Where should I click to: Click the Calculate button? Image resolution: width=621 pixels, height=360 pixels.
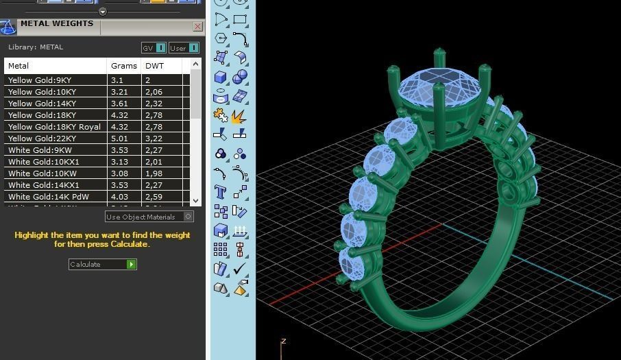coord(102,264)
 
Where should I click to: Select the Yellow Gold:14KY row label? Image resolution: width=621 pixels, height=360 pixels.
coord(42,104)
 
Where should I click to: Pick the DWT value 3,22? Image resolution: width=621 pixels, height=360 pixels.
coord(154,139)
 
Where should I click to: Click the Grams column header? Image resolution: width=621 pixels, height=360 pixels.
coord(123,67)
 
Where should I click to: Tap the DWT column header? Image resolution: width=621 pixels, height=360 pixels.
coord(152,67)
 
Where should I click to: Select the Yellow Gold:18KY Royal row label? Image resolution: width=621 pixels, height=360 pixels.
coord(54,127)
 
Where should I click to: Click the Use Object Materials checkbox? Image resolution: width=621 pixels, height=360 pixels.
coord(188,217)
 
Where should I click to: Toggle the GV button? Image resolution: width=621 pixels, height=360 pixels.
coord(154,48)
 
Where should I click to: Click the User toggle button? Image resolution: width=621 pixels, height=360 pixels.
coord(184,48)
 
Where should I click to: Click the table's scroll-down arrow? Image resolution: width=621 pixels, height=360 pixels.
coord(196,200)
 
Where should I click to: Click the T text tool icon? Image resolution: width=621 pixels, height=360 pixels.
coord(221,192)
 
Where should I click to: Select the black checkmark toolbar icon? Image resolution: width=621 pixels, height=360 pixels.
coord(240,269)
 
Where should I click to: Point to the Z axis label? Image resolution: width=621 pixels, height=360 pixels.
coord(283,341)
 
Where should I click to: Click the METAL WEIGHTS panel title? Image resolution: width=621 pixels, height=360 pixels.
coord(57,23)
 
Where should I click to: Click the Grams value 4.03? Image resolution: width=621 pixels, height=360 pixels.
coord(119,197)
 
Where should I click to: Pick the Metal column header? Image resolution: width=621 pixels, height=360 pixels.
coord(19,67)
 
